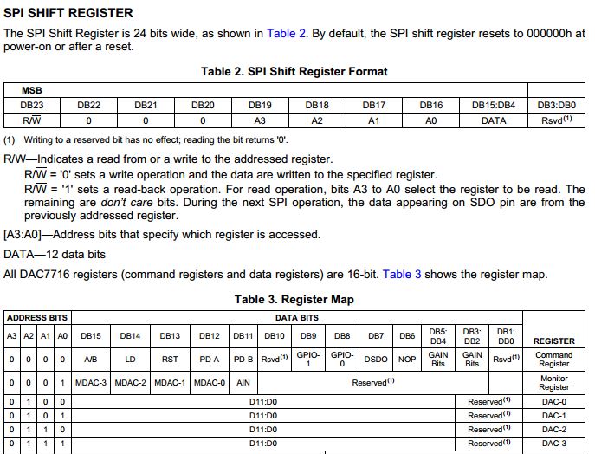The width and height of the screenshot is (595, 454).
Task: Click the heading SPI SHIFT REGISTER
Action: pyautogui.click(x=68, y=13)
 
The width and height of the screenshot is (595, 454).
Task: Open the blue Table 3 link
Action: pyautogui.click(x=402, y=275)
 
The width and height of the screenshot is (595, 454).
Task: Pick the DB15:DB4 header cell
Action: pyautogui.click(x=493, y=104)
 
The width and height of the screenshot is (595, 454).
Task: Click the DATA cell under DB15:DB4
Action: pyautogui.click(x=493, y=120)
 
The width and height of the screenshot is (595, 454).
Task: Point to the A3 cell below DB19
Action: pyautogui.click(x=260, y=120)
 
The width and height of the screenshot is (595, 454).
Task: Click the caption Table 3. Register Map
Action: pyautogui.click(x=294, y=300)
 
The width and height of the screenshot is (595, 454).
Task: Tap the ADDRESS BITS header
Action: pyautogui.click(x=37, y=317)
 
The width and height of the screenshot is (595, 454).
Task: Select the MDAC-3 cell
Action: pyautogui.click(x=91, y=382)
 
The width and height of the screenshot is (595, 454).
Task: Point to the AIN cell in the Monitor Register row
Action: pyautogui.click(x=243, y=382)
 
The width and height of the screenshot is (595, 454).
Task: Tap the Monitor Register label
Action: pyautogui.click(x=553, y=382)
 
